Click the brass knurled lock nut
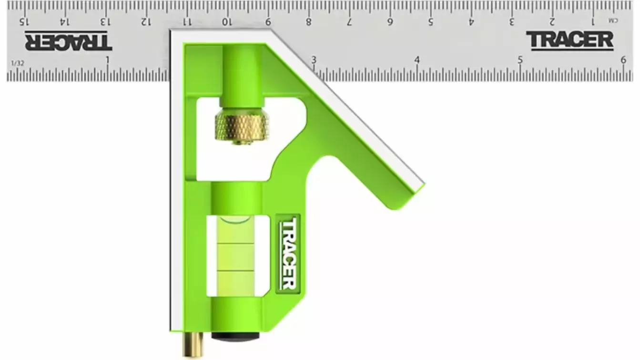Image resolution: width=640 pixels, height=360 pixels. point(242,126)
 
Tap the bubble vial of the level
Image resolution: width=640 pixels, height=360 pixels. point(236,257)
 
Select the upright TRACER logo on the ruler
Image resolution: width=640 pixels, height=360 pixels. point(570,41)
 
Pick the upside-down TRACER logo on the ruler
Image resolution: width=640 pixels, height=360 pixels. point(68,41)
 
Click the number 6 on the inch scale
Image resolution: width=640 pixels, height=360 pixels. point(623,60)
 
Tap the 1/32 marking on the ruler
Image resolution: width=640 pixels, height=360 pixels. point(18,63)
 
